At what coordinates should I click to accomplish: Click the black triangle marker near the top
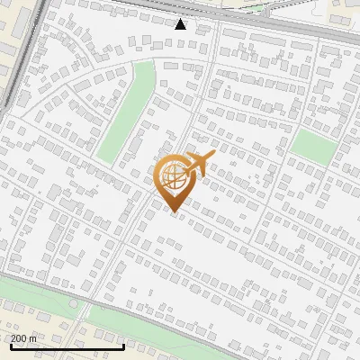point(180,24)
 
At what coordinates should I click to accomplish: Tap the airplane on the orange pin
point(200,165)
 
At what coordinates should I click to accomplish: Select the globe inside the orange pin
point(172,177)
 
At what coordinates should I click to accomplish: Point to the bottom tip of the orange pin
point(172,211)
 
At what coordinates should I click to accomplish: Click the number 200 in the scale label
point(20,338)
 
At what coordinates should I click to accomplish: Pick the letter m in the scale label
point(33,338)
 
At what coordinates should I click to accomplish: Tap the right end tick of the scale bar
point(123,345)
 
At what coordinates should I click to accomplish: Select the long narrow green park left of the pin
point(127,112)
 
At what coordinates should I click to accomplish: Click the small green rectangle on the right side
point(314,147)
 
